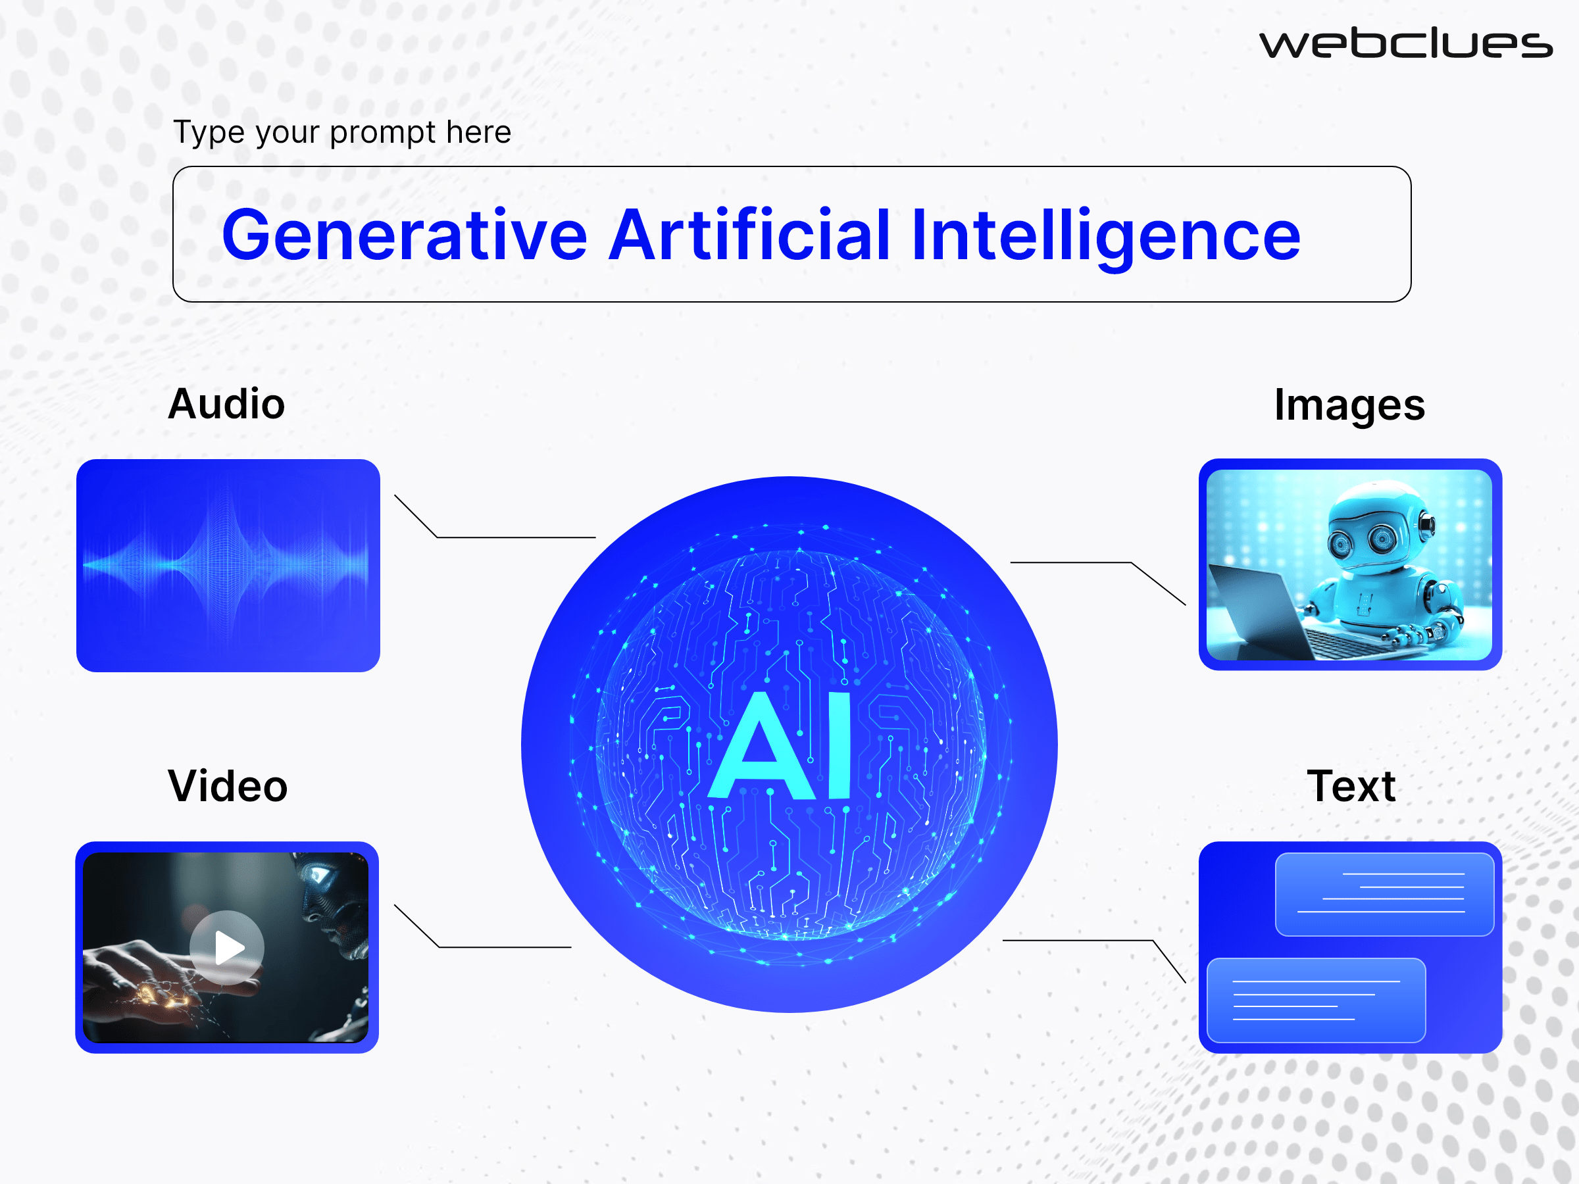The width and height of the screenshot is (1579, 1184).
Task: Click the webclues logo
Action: point(1405,44)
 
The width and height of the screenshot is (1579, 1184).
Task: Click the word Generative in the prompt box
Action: point(404,235)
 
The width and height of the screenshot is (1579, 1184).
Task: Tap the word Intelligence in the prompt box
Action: point(1105,235)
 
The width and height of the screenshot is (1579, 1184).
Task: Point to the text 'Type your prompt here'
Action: point(342,132)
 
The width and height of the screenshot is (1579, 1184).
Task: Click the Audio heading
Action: point(226,404)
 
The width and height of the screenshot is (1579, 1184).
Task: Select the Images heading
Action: point(1349,405)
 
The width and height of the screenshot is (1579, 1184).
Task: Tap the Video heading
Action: point(228,786)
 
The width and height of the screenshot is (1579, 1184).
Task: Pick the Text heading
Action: point(1351,786)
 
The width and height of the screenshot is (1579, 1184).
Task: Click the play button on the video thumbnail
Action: point(227,948)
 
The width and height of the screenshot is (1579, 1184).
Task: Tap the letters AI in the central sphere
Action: point(781,747)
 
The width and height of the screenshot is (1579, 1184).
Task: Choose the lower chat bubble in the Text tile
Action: point(1315,999)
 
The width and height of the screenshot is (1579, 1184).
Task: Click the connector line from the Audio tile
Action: point(514,537)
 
